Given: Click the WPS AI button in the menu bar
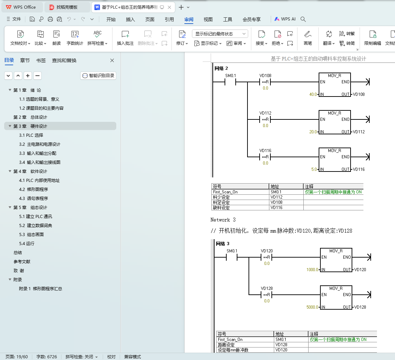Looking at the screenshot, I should click(x=285, y=19).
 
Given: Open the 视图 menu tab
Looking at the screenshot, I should click(x=208, y=19).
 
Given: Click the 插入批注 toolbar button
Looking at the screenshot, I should click(x=125, y=38).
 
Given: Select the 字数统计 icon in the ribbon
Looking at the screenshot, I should click(x=75, y=38).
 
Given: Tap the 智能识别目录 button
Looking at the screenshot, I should click(x=98, y=76).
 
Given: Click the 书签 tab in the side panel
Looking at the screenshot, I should click(x=41, y=60).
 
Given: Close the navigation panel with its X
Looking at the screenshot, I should click(x=112, y=60).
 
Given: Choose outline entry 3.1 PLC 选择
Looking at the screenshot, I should click(x=31, y=135).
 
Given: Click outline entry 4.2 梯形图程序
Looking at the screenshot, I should click(x=33, y=189).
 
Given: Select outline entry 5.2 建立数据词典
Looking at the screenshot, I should click(x=35, y=225).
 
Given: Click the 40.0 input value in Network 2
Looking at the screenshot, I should click(x=313, y=94).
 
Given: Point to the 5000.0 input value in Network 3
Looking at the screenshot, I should click(x=312, y=307).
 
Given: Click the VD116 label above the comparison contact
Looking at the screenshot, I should click(x=266, y=151).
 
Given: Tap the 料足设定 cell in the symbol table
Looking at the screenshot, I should click(x=221, y=202).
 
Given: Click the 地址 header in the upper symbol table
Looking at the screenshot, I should click(x=275, y=186).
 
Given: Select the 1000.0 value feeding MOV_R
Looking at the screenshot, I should click(x=312, y=270).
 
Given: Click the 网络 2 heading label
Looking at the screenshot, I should click(x=221, y=68).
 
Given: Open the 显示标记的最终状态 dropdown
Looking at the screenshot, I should click(x=220, y=34).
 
